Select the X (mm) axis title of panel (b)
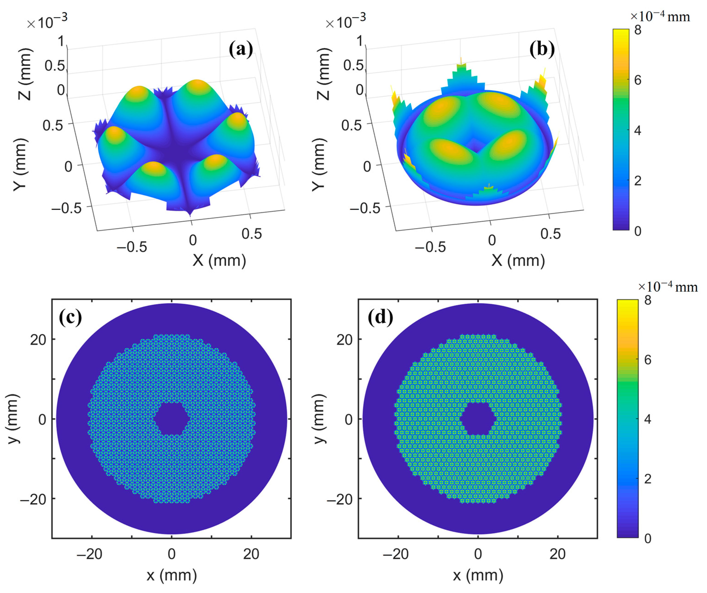click(518, 260)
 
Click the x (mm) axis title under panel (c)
click(172, 575)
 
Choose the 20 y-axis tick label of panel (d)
click(344, 340)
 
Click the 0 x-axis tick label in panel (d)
click(478, 554)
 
